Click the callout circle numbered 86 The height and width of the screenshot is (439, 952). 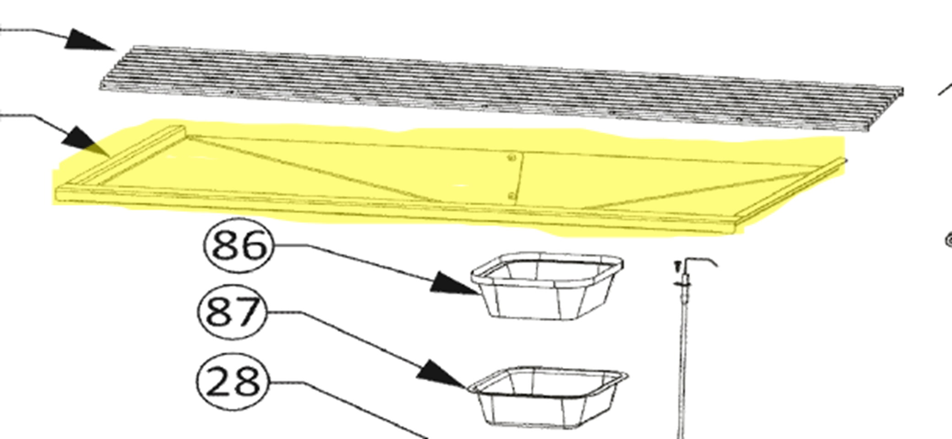point(238,246)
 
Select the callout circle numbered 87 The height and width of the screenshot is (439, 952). point(232,311)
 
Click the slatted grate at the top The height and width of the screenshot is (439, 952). point(501,88)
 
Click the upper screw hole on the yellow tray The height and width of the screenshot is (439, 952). point(512,158)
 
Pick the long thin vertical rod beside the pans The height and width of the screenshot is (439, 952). point(683,348)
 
